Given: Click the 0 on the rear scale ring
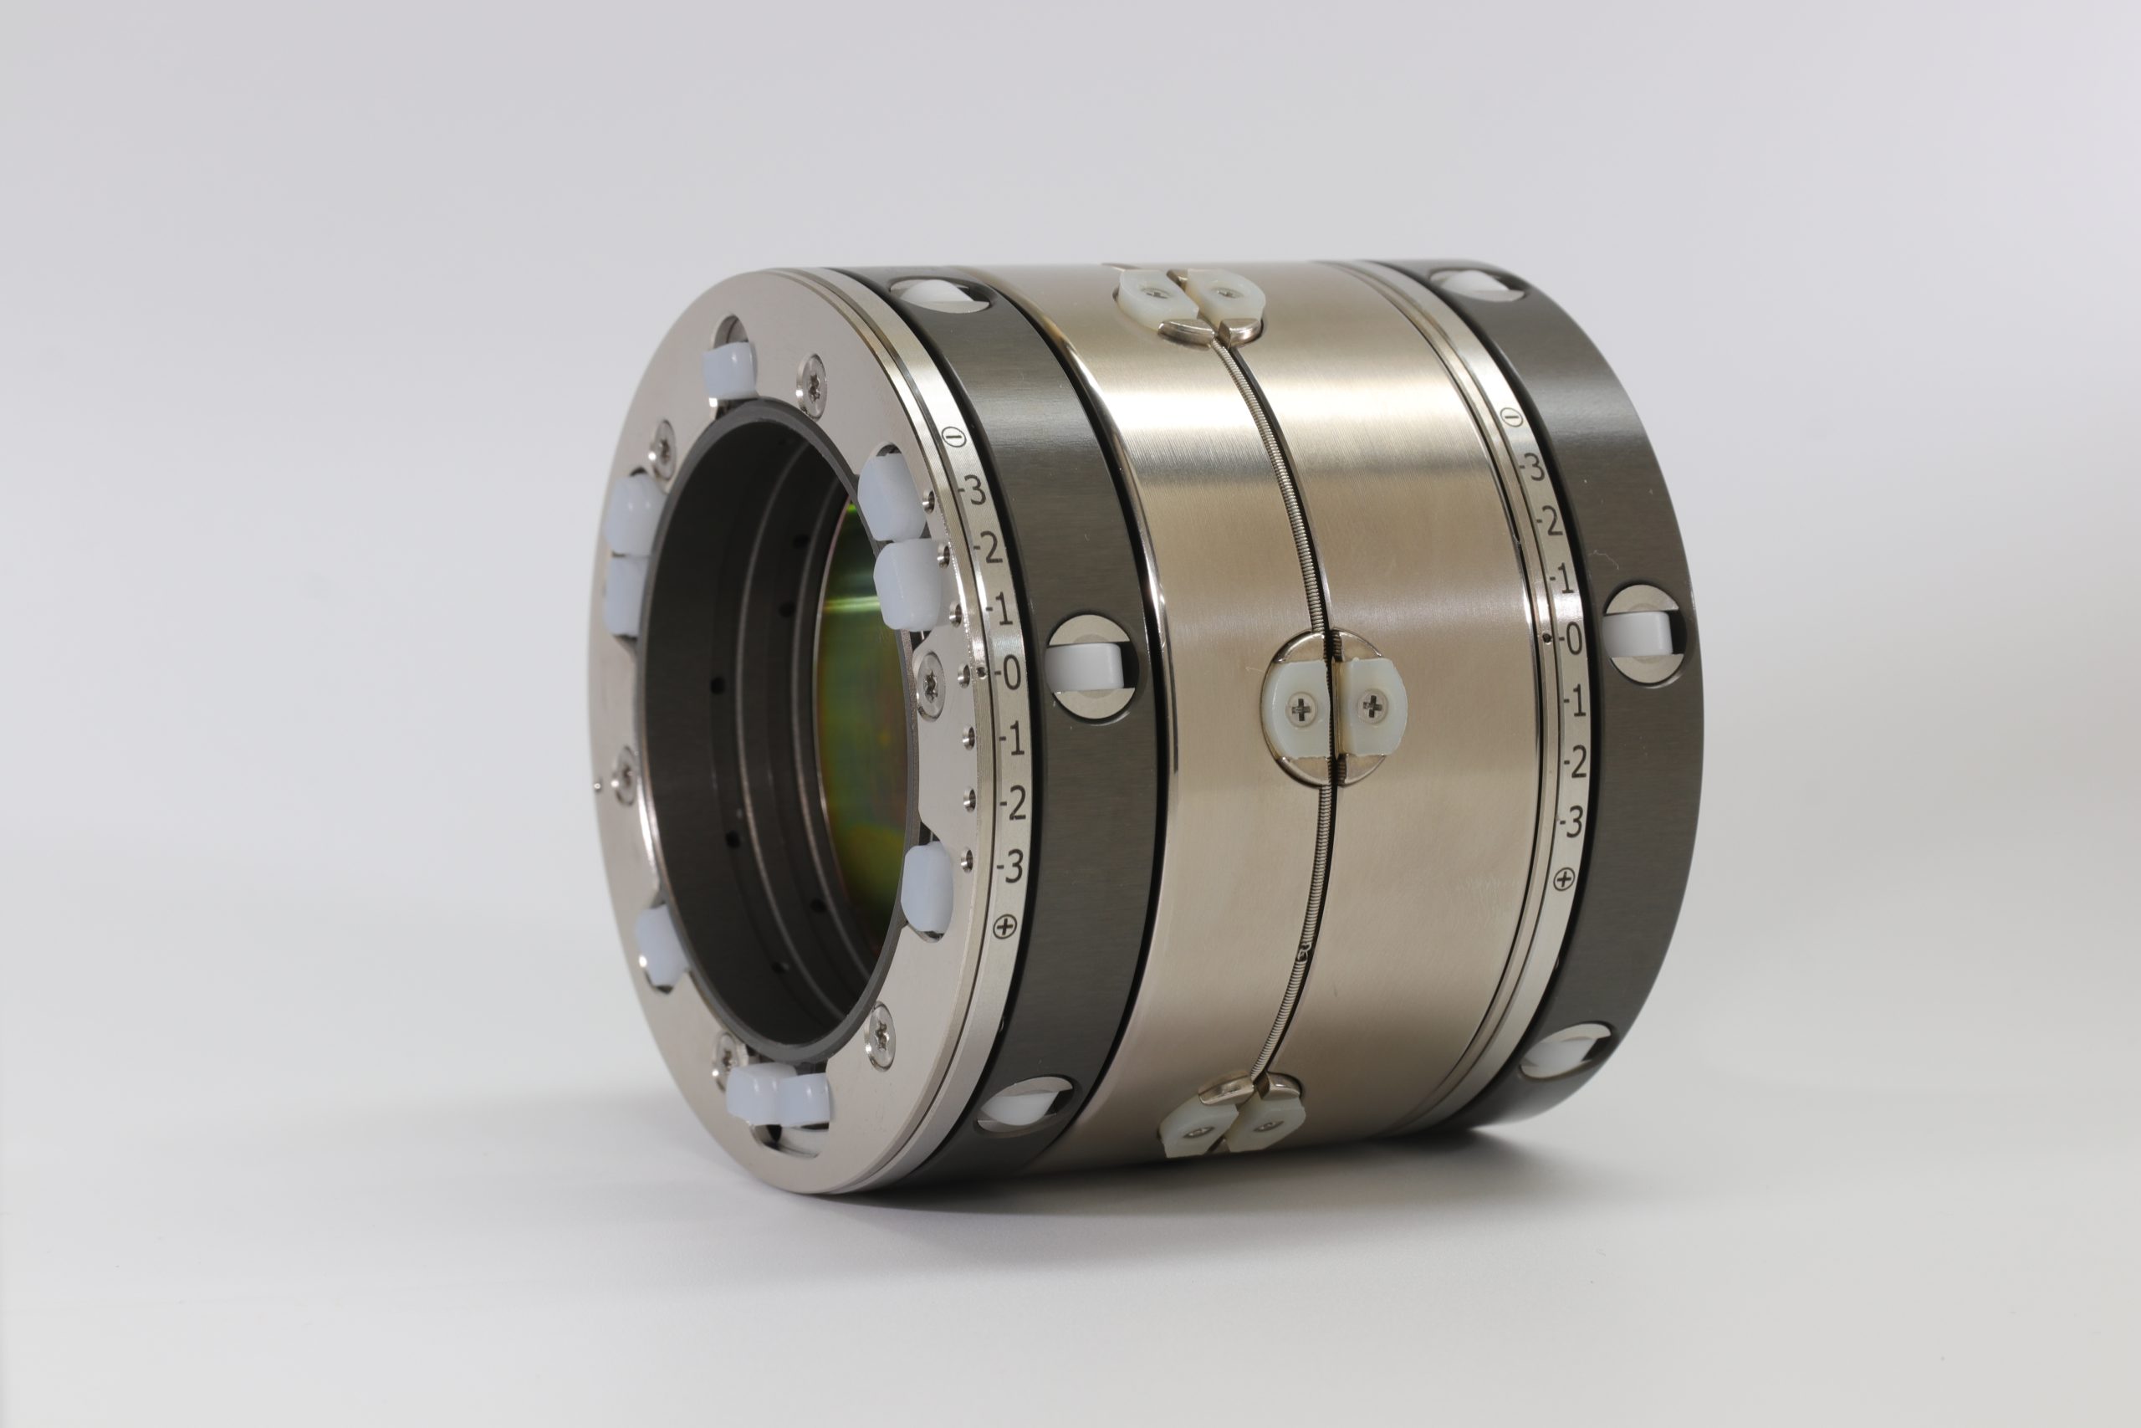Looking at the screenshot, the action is point(1572,640).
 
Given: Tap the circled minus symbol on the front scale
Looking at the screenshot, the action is point(953,438).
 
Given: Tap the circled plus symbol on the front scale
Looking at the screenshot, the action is point(1005,928).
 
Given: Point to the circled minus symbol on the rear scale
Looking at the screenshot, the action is point(1511,417).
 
